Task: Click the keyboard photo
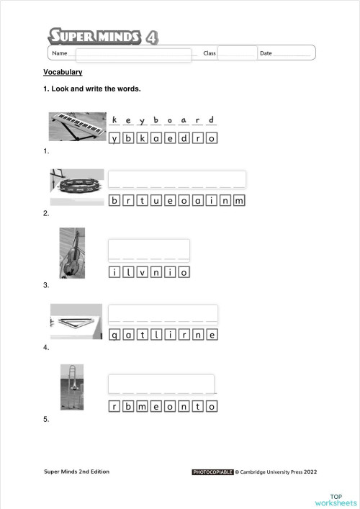pos(76,127)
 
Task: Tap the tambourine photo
pos(76,185)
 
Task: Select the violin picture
pos(71,253)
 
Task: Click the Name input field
pos(134,54)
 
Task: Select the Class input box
pos(237,53)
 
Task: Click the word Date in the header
pos(266,53)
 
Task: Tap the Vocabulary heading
pos(63,72)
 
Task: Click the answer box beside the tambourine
pos(176,179)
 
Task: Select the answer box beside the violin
pos(148,249)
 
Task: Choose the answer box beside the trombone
pos(161,384)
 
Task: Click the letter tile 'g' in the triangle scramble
pos(114,335)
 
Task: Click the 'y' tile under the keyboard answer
pos(114,138)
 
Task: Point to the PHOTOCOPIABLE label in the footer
pos(212,472)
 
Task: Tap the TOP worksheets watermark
pos(336,500)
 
